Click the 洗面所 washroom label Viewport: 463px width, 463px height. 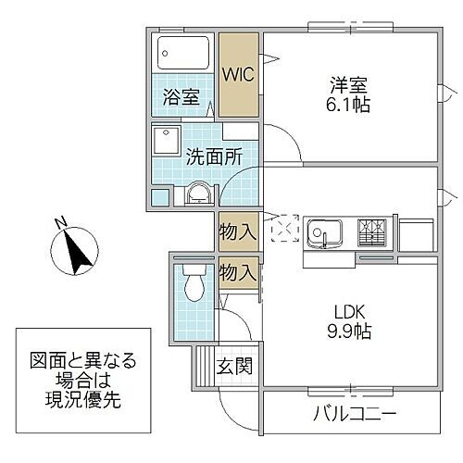click(x=215, y=156)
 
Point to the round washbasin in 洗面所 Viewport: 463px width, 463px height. click(x=198, y=194)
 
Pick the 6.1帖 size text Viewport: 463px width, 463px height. click(x=349, y=105)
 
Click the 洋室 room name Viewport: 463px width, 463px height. click(x=349, y=83)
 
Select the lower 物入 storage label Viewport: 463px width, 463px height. click(x=238, y=272)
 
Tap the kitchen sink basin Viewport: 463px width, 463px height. click(x=325, y=231)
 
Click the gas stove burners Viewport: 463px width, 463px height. click(x=374, y=230)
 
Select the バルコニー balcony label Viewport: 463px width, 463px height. click(x=354, y=412)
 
